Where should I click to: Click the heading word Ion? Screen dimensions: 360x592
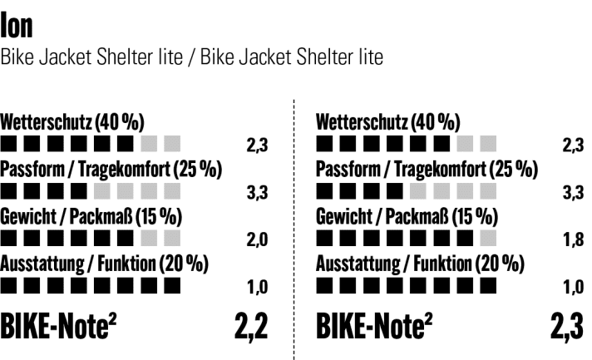(x=17, y=24)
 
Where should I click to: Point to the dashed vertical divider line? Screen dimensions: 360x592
(x=294, y=233)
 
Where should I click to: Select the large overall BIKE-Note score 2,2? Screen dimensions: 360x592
(x=249, y=328)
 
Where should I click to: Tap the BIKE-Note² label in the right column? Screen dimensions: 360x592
(x=375, y=328)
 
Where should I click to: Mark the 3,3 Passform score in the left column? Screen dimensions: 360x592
(x=256, y=194)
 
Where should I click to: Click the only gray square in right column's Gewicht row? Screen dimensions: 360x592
(x=488, y=240)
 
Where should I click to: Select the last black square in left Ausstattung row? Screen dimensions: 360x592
(x=171, y=287)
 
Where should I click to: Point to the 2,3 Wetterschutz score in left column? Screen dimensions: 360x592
(x=256, y=146)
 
